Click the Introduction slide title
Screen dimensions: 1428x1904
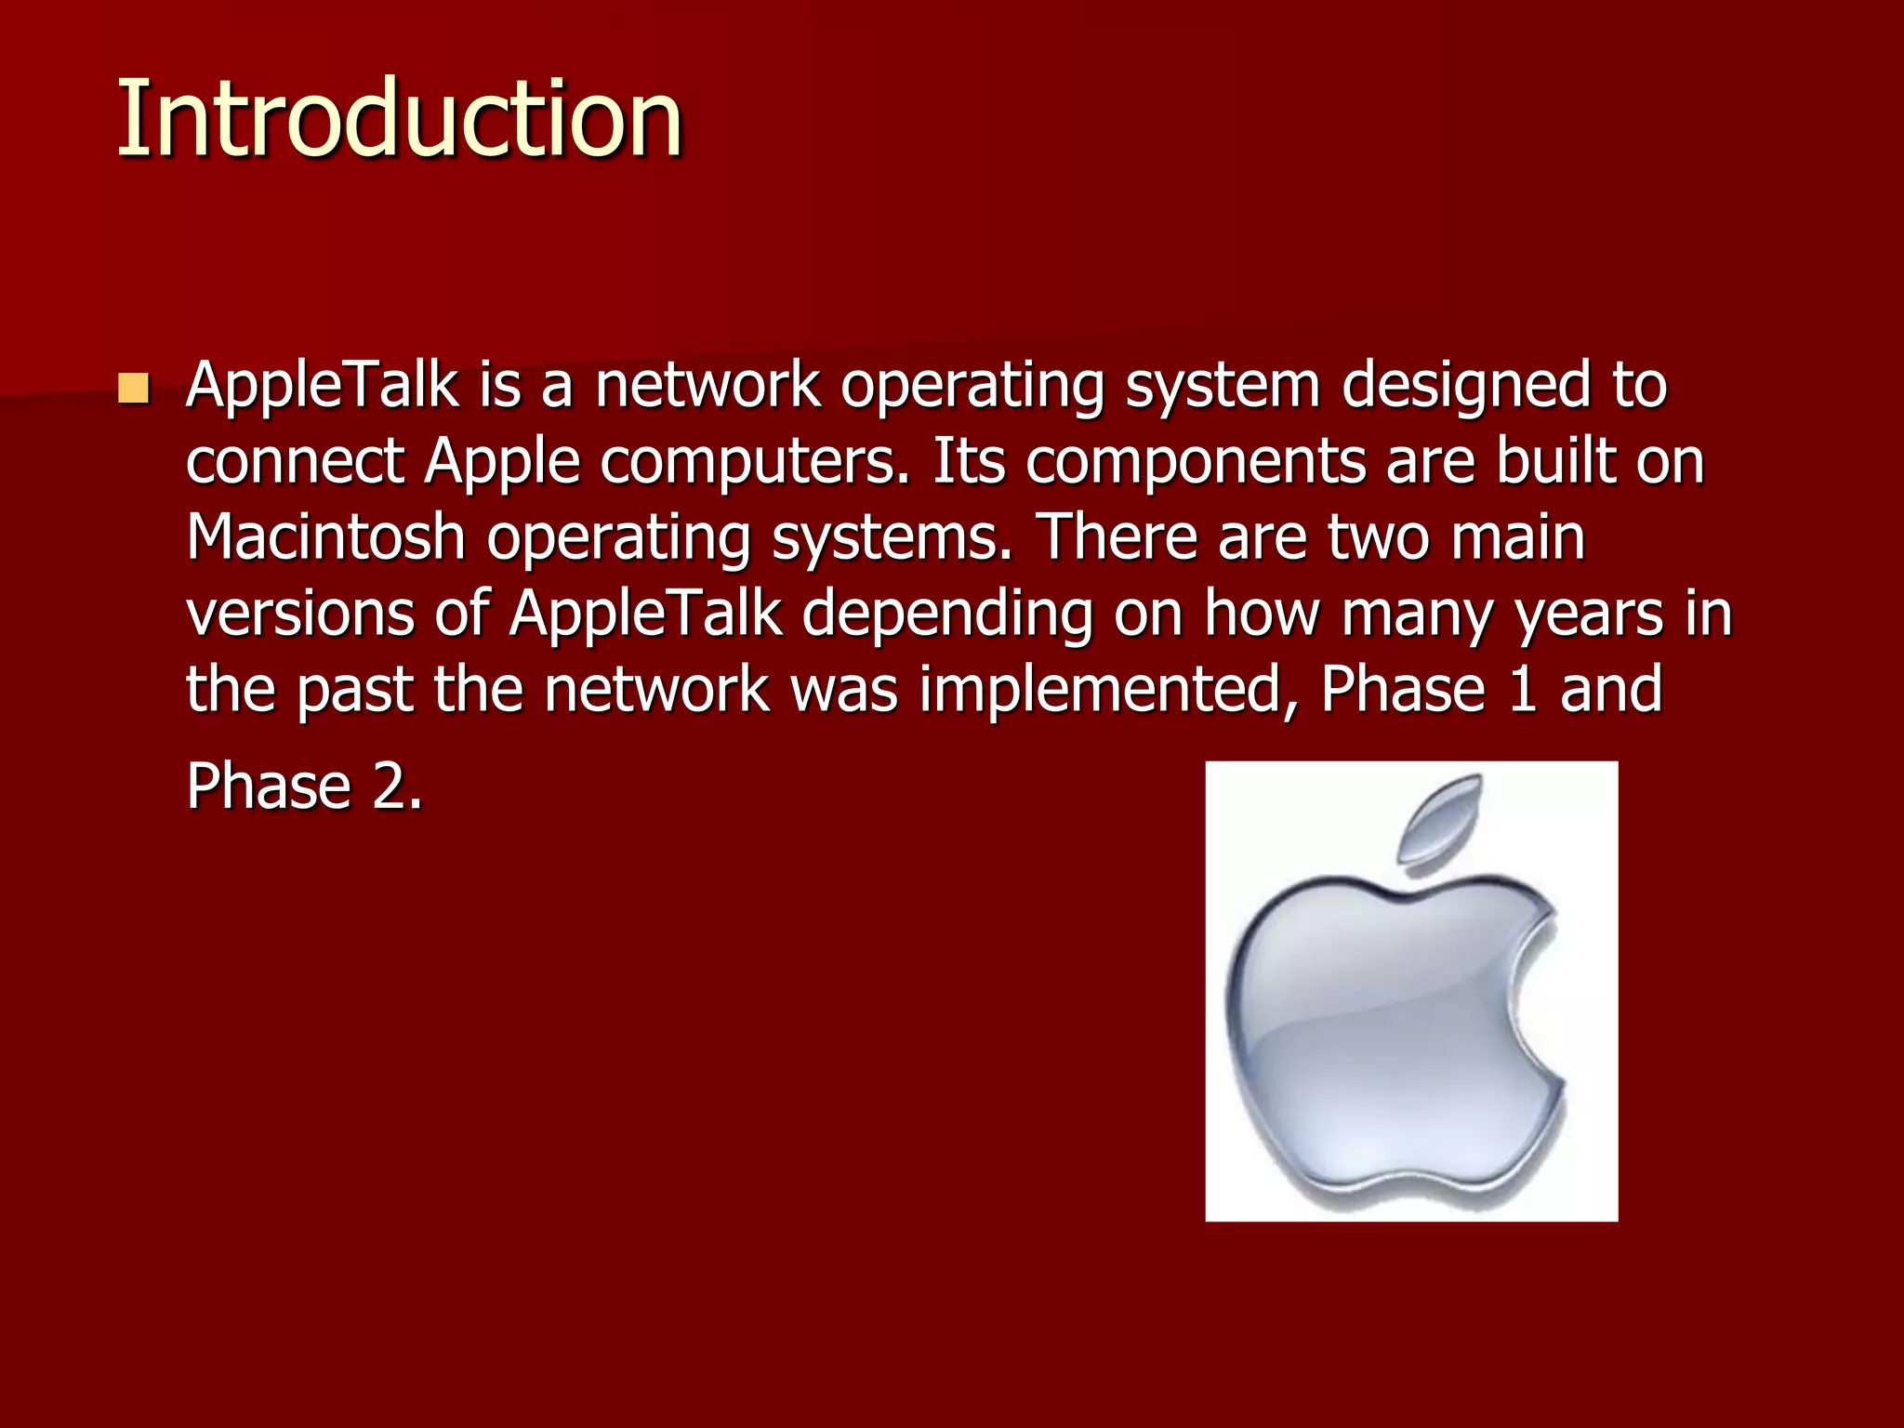(x=400, y=119)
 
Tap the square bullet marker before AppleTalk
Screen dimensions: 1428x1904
(x=134, y=389)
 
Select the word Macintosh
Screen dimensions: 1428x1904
(x=325, y=537)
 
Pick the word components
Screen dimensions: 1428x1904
(x=1195, y=464)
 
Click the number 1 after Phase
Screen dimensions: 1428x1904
(x=1522, y=690)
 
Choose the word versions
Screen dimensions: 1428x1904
(x=300, y=615)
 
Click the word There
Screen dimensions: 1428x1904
(x=1117, y=537)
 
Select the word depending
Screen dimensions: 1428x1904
(x=946, y=615)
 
